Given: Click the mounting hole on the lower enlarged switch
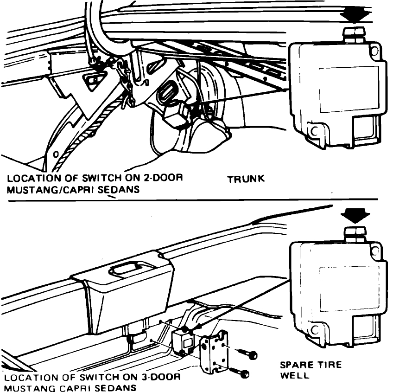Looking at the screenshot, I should click(x=315, y=330).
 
